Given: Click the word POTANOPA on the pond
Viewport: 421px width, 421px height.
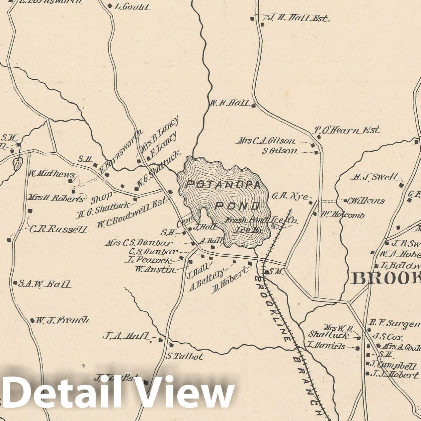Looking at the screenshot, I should click(x=223, y=185).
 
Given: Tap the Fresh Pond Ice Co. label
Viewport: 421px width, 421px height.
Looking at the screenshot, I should click(x=262, y=220).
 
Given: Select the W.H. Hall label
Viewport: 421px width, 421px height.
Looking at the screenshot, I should click(x=229, y=103).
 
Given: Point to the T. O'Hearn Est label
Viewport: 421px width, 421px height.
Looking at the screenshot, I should click(x=347, y=130).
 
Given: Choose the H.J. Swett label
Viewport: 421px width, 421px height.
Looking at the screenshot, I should click(x=375, y=177).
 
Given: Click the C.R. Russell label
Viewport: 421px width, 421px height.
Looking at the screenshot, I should click(x=58, y=229).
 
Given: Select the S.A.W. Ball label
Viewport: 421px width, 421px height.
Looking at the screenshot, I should click(x=44, y=284).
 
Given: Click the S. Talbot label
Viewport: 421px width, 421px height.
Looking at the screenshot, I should click(x=185, y=357).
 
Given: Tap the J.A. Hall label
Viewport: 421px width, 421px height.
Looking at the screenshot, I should click(x=126, y=336).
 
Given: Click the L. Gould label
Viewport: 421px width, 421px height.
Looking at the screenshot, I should click(x=132, y=7).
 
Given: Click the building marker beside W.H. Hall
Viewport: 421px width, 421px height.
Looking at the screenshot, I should click(x=253, y=106).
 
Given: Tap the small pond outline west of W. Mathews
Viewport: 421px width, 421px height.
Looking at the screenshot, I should click(x=18, y=163).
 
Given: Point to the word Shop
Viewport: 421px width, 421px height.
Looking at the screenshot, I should click(x=101, y=199).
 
